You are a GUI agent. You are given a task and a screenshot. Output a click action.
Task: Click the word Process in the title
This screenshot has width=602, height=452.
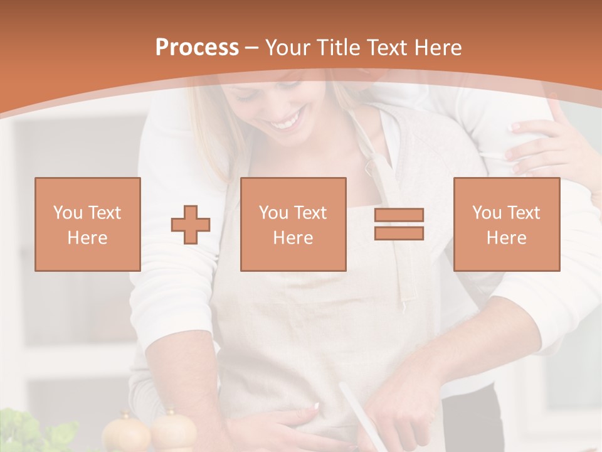(197, 48)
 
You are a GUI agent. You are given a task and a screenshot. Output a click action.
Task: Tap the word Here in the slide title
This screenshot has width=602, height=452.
(435, 48)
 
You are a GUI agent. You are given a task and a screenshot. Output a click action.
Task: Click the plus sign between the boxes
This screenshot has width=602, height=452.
(191, 225)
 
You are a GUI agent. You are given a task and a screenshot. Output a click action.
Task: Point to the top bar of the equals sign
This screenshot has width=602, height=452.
(399, 215)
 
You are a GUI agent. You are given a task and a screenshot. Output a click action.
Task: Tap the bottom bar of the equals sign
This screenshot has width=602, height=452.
(399, 234)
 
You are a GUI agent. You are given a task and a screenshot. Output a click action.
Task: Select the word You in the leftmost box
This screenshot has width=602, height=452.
(66, 213)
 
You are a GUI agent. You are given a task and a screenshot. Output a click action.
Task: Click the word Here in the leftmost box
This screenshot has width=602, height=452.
(87, 238)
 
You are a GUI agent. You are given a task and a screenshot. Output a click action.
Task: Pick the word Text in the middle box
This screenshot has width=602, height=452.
(310, 213)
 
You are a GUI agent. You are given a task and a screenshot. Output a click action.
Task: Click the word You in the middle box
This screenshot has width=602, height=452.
(273, 213)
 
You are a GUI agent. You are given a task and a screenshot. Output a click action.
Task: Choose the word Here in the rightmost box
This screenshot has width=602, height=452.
(506, 238)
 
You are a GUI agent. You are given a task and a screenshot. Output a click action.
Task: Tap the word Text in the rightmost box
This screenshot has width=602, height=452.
(524, 213)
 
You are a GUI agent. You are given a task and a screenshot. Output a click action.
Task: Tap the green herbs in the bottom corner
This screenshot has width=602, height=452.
(31, 433)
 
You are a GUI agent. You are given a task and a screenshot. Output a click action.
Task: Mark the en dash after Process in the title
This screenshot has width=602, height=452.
(251, 48)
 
